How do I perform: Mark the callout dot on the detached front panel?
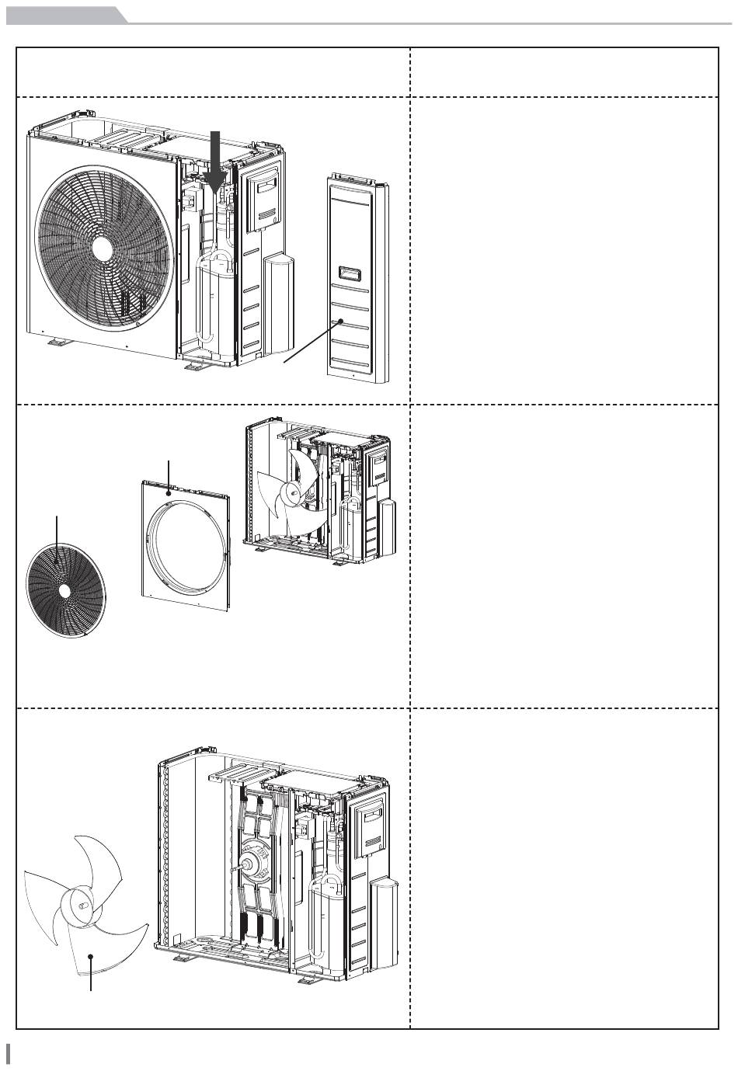point(169,491)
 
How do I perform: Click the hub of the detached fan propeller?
point(80,902)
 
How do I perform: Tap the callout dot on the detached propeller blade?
point(91,957)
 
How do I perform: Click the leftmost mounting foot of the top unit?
point(56,342)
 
